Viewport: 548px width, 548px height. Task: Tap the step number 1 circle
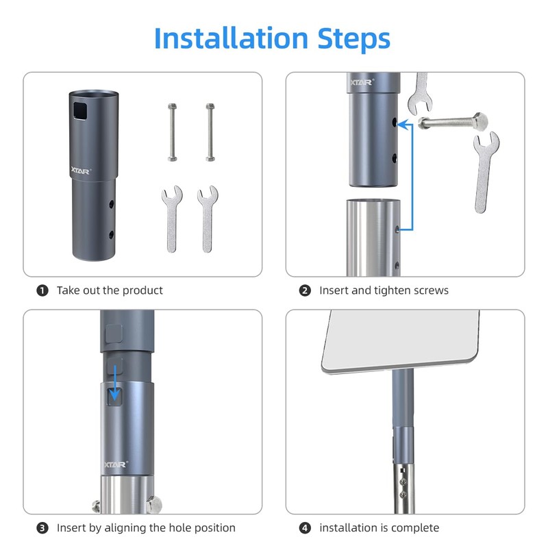pos(42,290)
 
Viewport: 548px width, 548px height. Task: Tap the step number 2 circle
pos(305,290)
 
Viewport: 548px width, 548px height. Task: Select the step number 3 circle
pos(42,527)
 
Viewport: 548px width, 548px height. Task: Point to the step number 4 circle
pos(305,527)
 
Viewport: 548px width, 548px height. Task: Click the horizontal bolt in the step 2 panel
pos(451,123)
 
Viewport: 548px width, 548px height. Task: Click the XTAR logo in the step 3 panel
pos(115,465)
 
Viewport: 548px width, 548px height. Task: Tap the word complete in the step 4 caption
pos(416,528)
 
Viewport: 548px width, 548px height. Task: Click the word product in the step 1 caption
pos(142,290)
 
